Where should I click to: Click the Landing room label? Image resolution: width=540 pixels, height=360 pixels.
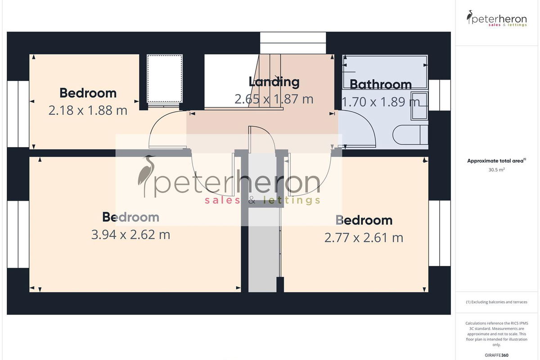tap(274, 82)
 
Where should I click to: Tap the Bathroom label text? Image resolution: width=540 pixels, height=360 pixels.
tap(381, 85)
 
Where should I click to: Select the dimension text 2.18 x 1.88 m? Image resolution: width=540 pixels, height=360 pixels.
tap(88, 110)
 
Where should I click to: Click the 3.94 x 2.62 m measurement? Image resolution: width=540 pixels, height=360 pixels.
tap(130, 234)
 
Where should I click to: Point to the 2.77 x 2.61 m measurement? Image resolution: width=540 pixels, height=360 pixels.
tap(364, 238)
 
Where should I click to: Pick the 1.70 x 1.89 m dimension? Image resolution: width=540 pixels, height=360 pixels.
tap(381, 102)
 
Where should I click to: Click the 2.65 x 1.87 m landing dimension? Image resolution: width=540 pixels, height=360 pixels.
tap(274, 99)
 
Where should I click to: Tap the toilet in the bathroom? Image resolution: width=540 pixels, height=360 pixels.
tap(410, 135)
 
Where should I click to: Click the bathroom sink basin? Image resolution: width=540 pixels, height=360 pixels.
tap(419, 106)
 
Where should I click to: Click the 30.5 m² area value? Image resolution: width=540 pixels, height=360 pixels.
tap(497, 170)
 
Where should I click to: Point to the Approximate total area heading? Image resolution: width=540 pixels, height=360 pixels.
tap(497, 161)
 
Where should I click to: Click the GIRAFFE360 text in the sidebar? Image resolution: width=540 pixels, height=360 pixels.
tap(497, 355)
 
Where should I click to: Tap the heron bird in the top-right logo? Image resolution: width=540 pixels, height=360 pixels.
tap(469, 17)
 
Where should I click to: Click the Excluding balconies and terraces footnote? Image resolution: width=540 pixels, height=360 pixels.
tap(497, 302)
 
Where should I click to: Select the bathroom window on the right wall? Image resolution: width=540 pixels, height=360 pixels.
tap(440, 95)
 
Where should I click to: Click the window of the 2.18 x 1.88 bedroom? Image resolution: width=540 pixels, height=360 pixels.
tap(18, 114)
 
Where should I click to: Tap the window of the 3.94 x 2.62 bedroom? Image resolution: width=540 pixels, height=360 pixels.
tap(18, 234)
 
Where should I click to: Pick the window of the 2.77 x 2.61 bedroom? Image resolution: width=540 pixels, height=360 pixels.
tap(440, 233)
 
